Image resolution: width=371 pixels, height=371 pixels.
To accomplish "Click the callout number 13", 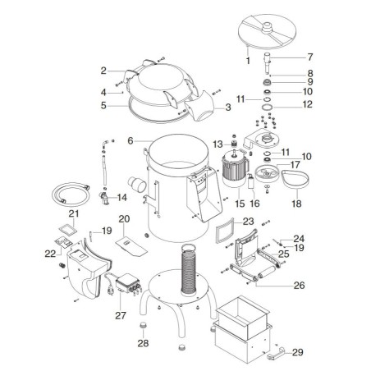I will [x=219, y=144].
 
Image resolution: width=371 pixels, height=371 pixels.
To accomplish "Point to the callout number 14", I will [x=121, y=197].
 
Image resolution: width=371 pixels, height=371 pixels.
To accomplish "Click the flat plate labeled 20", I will [x=126, y=245].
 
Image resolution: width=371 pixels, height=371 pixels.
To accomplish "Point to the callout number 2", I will [x=104, y=71].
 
